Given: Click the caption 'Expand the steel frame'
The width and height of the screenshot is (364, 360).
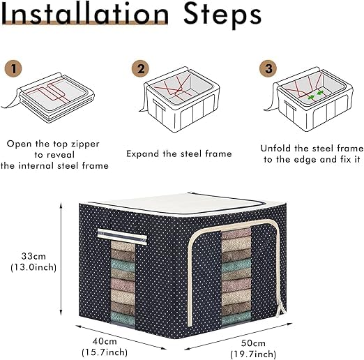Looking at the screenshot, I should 179,153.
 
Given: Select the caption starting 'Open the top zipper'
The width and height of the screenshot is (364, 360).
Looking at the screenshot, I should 54,154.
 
